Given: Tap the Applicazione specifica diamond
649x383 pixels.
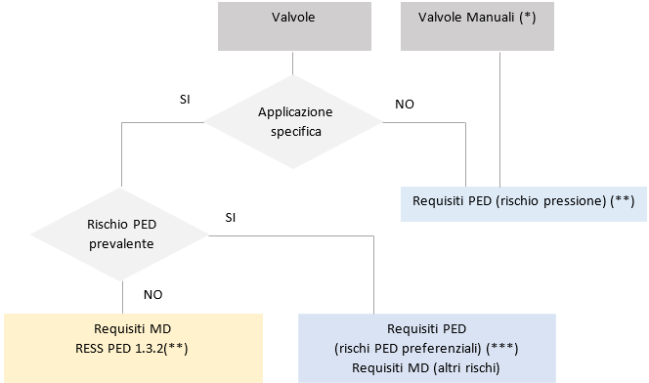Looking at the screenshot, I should pyautogui.click(x=292, y=121).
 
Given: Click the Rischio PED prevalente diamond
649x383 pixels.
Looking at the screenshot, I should pyautogui.click(x=119, y=234).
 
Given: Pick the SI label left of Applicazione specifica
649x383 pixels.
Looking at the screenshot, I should pyautogui.click(x=185, y=99).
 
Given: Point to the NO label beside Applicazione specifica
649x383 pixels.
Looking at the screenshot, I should pyautogui.click(x=404, y=103).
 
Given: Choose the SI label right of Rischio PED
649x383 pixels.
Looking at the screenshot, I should pyautogui.click(x=231, y=215).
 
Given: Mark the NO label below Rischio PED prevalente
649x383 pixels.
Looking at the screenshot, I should pyautogui.click(x=153, y=292).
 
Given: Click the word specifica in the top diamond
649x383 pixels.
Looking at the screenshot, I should pyautogui.click(x=294, y=131).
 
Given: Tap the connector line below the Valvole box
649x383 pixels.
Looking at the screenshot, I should pyautogui.click(x=292, y=64).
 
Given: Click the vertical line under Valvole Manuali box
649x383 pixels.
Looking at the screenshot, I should pyautogui.click(x=500, y=117).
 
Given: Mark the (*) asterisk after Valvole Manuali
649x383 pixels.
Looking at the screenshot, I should pyautogui.click(x=530, y=18).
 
